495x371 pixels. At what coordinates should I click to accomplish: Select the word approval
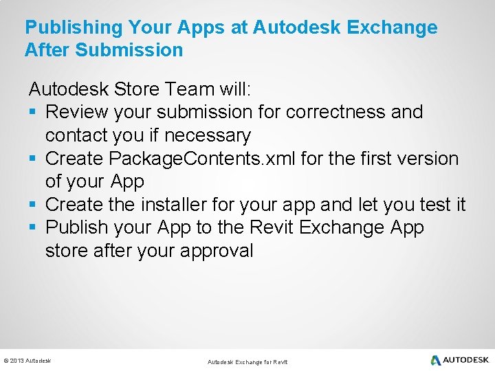point(217,251)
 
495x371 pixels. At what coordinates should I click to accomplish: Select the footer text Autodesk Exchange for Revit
point(247,362)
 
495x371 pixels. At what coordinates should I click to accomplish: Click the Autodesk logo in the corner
point(459,360)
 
